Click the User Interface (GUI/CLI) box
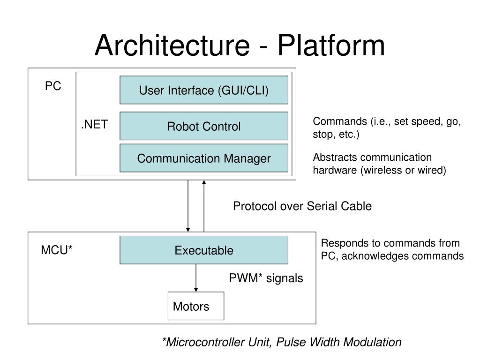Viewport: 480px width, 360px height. tap(204, 90)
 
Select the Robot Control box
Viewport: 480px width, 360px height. tap(204, 126)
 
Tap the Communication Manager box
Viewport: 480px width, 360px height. tap(204, 158)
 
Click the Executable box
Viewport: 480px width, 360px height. tap(204, 250)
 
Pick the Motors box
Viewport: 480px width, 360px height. tap(196, 306)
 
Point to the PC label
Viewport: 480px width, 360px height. tap(53, 86)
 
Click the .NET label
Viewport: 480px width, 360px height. tap(95, 125)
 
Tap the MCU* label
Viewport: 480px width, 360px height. tap(57, 250)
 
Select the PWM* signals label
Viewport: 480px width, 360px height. tap(266, 278)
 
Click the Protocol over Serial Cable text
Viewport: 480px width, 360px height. tap(302, 206)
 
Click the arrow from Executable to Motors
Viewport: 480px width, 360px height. tap(196, 278)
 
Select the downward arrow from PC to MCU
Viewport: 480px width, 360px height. tap(188, 206)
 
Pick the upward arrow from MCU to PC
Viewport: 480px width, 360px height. tap(204, 206)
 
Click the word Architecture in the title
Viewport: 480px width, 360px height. tap(172, 45)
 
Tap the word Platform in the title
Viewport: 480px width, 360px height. tap(331, 45)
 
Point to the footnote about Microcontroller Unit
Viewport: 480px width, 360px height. tap(282, 342)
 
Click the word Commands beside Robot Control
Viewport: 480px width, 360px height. tap(340, 121)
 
